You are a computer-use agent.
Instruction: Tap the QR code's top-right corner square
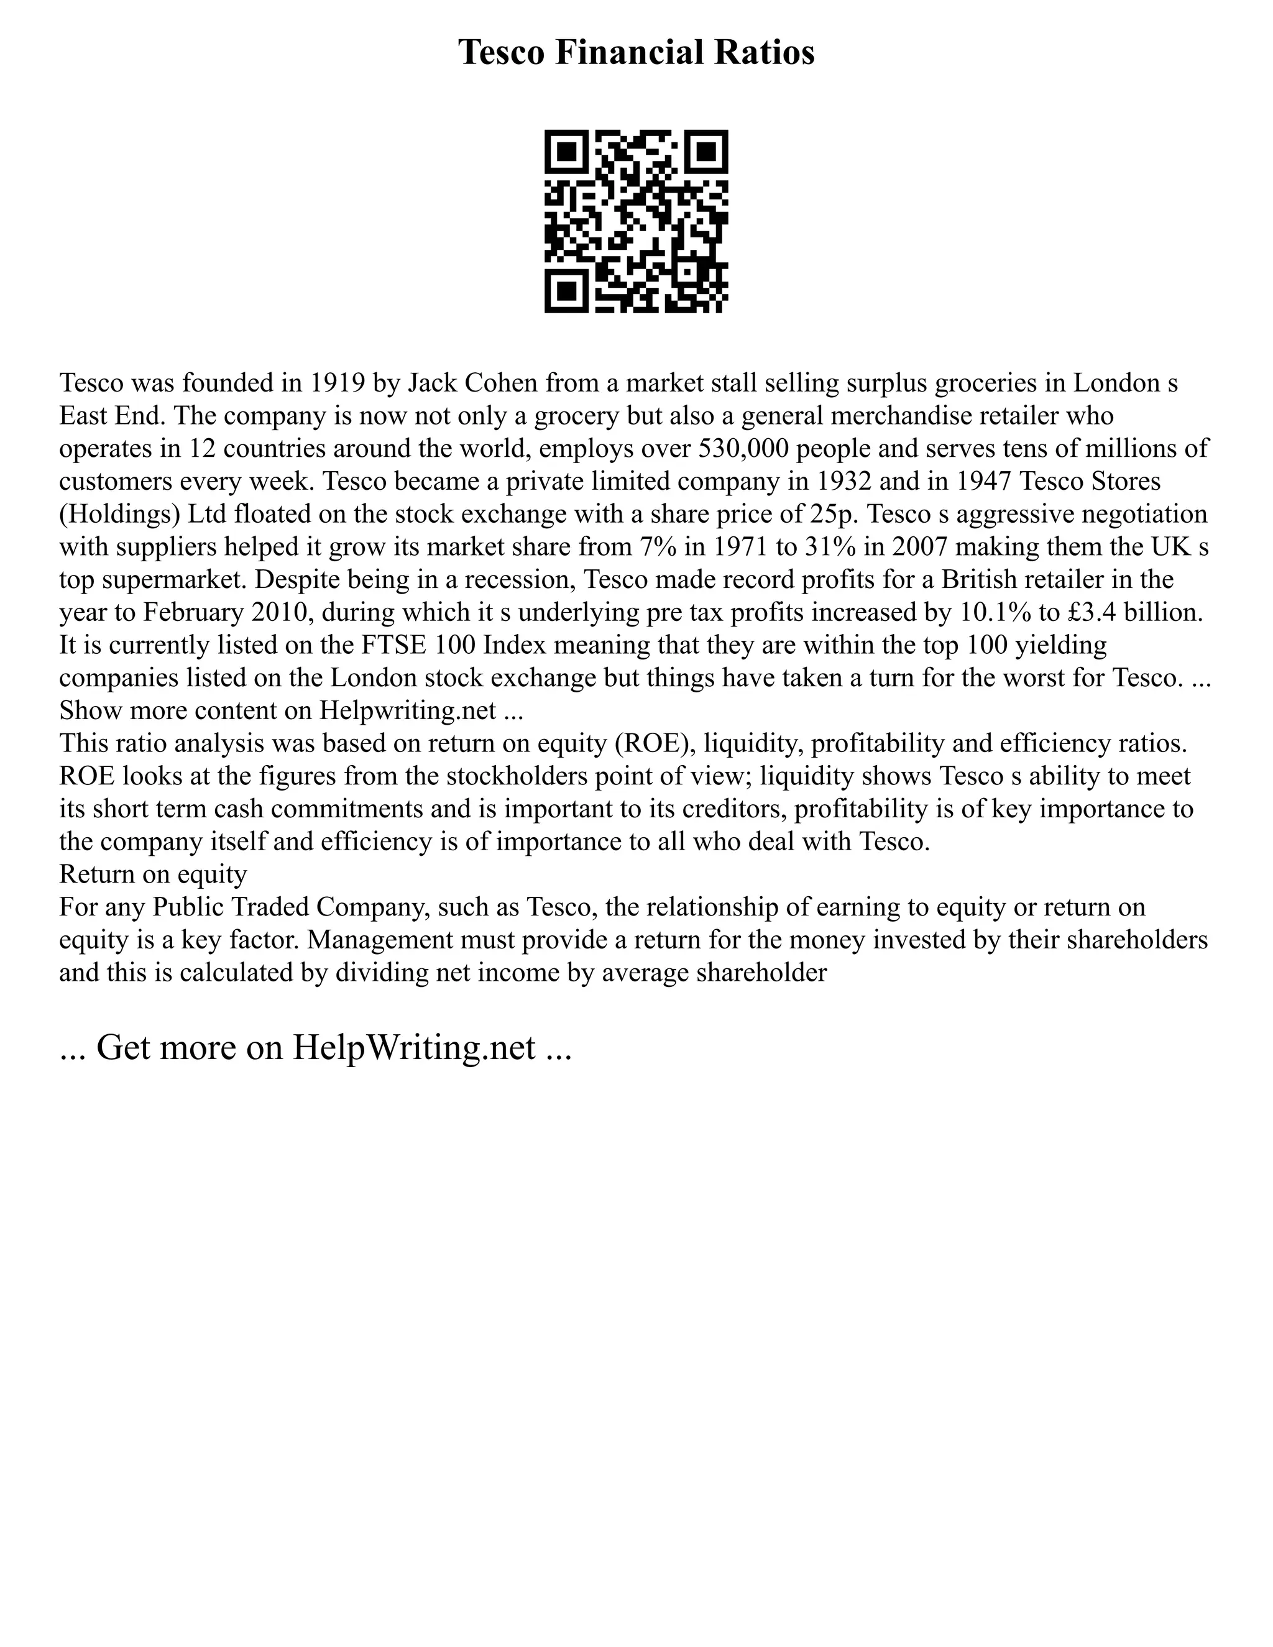707,152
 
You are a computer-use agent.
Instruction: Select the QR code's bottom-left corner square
566,291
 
